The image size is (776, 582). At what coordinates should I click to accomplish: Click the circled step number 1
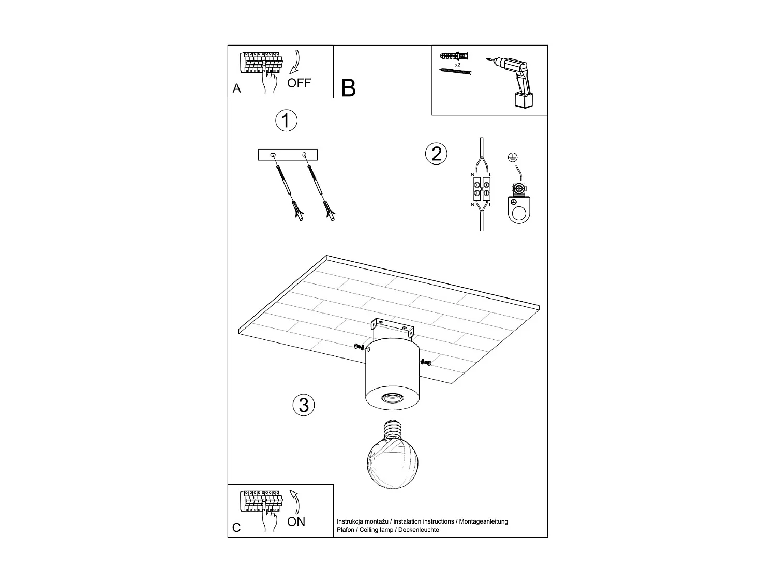point(286,121)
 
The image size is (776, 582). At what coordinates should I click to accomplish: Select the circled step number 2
point(436,154)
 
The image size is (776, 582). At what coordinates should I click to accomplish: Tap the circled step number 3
point(304,405)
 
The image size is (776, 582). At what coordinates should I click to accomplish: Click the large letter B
point(349,88)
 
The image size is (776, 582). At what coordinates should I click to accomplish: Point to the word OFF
point(299,83)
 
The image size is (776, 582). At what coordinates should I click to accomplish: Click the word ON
point(296,521)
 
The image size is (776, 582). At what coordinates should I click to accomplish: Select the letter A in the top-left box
point(237,88)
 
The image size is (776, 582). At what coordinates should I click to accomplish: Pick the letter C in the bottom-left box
point(236,528)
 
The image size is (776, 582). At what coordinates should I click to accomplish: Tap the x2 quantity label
point(457,66)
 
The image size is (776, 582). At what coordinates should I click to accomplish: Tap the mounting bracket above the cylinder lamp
point(392,328)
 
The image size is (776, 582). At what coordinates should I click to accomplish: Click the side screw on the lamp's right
point(426,363)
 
